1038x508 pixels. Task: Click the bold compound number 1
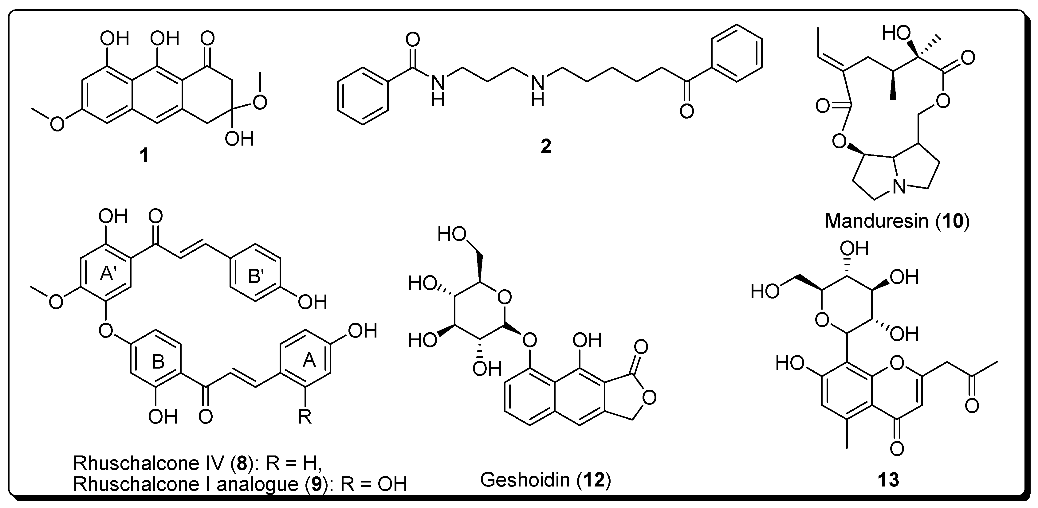pos(144,155)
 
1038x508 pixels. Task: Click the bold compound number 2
pos(546,147)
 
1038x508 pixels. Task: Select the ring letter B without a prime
pos(158,362)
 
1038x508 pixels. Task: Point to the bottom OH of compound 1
pos(239,139)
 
